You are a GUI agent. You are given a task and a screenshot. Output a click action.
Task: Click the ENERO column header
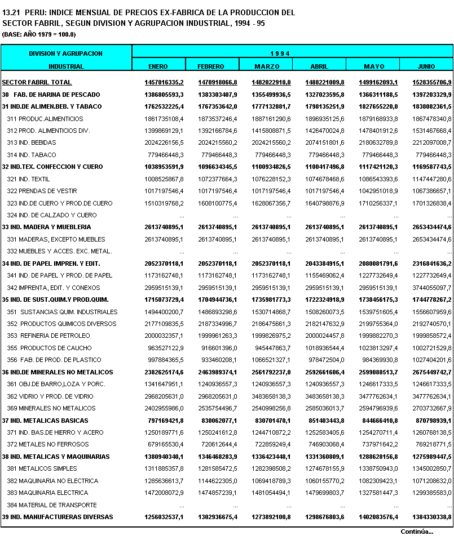[158, 66]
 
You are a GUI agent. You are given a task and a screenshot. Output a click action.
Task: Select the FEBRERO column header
[211, 66]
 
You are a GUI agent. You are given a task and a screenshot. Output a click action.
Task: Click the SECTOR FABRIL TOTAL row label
[37, 83]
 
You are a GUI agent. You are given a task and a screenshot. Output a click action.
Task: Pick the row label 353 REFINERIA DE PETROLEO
[49, 336]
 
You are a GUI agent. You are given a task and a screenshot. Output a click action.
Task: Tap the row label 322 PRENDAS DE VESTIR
[42, 191]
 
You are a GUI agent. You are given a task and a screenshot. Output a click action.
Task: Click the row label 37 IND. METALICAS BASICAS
[45, 420]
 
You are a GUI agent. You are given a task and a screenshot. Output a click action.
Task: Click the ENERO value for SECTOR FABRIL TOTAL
[164, 83]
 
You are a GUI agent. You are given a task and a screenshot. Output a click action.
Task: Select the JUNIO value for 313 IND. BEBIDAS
[433, 143]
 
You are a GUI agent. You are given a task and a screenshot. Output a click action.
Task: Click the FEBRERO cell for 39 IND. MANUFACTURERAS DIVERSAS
[218, 517]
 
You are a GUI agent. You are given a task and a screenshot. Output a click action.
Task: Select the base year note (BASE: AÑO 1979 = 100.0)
[39, 34]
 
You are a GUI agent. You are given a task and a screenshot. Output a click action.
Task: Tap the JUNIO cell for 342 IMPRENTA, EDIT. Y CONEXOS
[433, 288]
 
